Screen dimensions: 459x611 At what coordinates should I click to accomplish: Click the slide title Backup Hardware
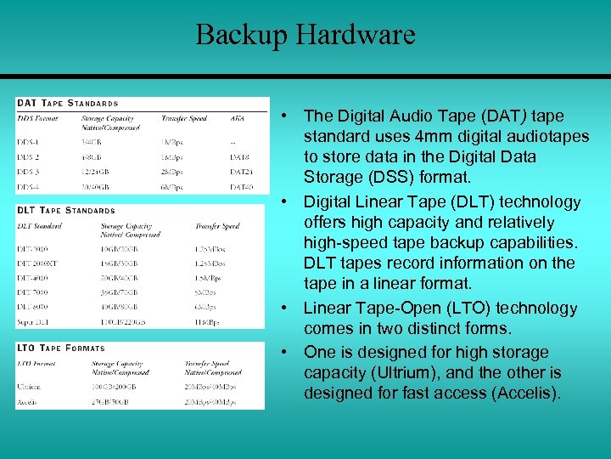pos(305,35)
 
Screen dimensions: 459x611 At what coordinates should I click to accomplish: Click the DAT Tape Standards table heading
pos(67,103)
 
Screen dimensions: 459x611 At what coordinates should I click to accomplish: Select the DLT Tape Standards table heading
pos(65,210)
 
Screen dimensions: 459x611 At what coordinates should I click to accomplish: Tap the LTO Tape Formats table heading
pos(60,348)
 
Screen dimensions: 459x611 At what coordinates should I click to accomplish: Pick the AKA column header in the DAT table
pos(237,118)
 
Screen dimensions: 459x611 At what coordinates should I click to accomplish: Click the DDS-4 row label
pos(30,187)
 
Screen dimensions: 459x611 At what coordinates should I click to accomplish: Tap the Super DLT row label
pos(35,322)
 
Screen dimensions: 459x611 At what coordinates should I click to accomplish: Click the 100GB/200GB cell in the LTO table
pos(107,386)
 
